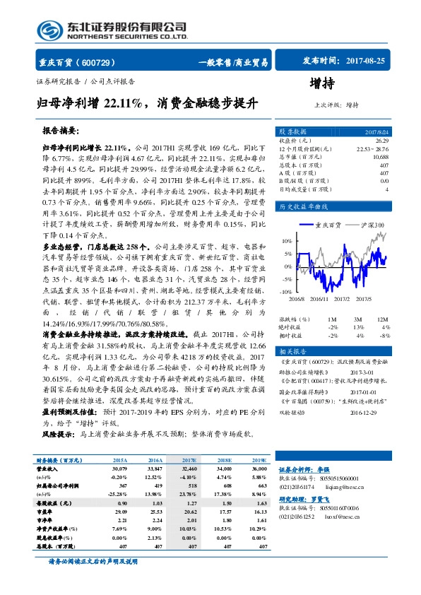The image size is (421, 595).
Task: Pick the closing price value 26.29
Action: [x=382, y=141]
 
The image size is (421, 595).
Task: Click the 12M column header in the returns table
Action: [x=384, y=319]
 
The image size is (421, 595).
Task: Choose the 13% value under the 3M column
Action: [x=358, y=327]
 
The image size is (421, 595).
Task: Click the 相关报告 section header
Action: [x=292, y=352]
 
